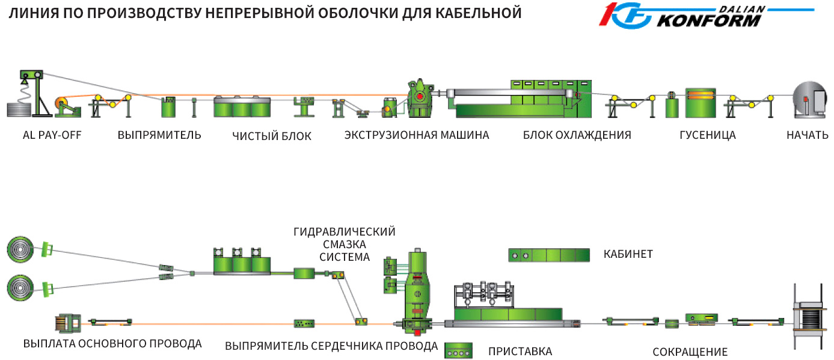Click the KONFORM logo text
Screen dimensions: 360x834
(710, 20)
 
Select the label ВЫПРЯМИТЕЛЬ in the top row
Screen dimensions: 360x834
(159, 135)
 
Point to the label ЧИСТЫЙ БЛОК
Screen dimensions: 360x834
(272, 136)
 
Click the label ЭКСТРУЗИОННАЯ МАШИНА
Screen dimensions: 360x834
(417, 135)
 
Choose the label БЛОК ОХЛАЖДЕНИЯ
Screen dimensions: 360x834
(577, 135)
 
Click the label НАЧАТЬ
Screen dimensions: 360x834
(808, 135)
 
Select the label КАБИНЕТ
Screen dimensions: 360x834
(628, 254)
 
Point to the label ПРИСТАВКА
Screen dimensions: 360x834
(520, 351)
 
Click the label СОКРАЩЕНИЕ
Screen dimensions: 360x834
(690, 352)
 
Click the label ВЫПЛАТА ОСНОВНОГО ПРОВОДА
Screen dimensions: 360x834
(112, 344)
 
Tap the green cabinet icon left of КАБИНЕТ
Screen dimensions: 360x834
(548, 255)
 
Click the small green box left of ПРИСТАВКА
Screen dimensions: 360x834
(458, 350)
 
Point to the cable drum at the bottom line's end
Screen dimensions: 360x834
(809, 322)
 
